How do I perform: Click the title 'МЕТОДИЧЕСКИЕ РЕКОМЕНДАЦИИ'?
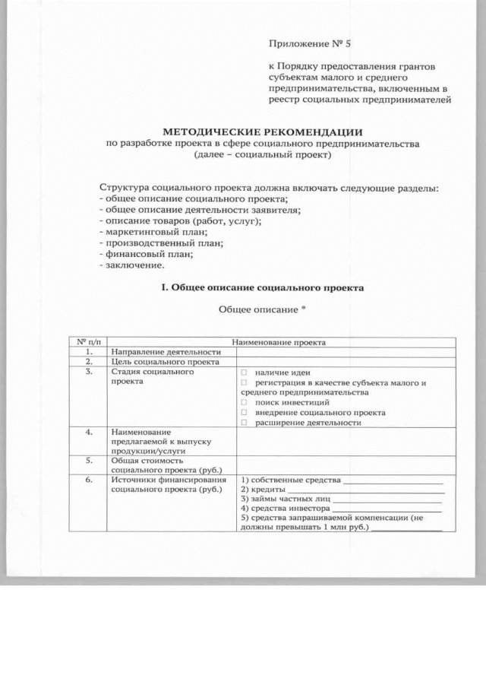pyautogui.click(x=263, y=131)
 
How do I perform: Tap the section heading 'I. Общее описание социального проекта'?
pyautogui.click(x=263, y=287)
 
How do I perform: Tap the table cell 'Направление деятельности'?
pyautogui.click(x=166, y=352)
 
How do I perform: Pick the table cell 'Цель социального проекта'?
pyautogui.click(x=164, y=363)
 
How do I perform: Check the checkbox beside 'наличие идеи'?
pyautogui.click(x=245, y=373)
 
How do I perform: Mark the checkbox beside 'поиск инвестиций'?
pyautogui.click(x=245, y=401)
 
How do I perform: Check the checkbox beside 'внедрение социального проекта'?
pyautogui.click(x=245, y=412)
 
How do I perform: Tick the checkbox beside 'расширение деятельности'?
pyautogui.click(x=245, y=422)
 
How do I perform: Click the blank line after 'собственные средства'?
pyautogui.click(x=393, y=481)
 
